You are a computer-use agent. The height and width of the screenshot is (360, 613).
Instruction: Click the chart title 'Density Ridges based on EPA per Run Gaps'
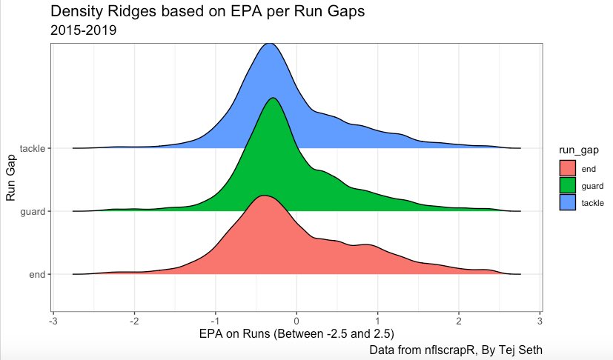click(208, 12)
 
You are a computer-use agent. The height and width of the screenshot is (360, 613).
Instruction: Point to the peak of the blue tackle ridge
click(271, 44)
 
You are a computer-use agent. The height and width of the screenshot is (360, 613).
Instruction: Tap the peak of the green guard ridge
click(274, 99)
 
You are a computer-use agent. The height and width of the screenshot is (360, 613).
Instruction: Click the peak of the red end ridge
click(262, 196)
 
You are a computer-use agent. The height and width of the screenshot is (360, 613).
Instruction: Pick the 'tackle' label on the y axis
click(33, 148)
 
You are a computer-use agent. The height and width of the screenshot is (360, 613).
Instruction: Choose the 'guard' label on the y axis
click(33, 211)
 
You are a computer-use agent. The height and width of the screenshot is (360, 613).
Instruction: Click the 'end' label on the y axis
click(38, 274)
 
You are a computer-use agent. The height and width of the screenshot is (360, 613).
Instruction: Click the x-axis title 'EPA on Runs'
click(296, 334)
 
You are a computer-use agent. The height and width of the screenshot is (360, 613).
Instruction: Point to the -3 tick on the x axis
click(53, 321)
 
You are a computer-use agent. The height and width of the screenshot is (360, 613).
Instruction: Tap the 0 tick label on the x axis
click(296, 321)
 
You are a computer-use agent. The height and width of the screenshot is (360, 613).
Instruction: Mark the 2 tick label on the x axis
click(459, 321)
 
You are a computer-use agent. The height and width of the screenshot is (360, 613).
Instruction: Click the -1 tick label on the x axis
click(214, 321)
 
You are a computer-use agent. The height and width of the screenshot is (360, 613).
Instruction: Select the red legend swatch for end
click(568, 169)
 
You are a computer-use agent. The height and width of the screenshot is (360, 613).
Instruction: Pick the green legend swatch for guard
click(568, 185)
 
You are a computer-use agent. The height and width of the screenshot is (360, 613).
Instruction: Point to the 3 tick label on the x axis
click(540, 321)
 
